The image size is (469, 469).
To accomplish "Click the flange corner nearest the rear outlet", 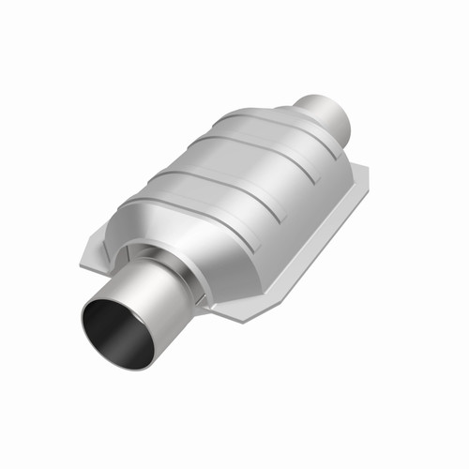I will (x=364, y=171).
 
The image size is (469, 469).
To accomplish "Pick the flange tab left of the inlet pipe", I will (x=94, y=253).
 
